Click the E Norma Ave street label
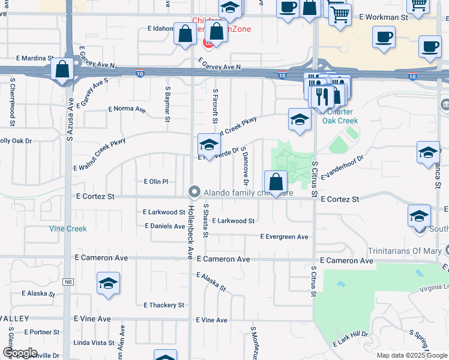[x=127, y=109]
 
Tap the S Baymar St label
[x=169, y=102]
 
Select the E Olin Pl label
[x=156, y=181]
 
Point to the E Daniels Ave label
[x=165, y=226]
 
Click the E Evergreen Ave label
[x=284, y=237]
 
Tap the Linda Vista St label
[x=93, y=343]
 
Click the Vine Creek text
[x=68, y=229]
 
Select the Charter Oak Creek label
[x=340, y=116]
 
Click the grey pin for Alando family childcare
[x=194, y=192]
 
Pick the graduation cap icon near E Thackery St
[x=108, y=284]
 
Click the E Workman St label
[x=384, y=17]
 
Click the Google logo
[x=20, y=353]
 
